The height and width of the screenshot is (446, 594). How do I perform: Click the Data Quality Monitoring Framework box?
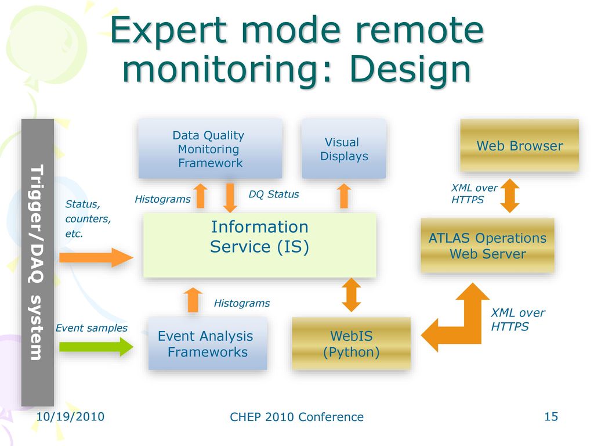(210, 148)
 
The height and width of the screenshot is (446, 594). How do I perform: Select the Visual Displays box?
(344, 148)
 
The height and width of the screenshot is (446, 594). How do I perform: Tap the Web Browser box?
(519, 145)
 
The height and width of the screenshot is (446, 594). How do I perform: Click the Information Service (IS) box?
(260, 244)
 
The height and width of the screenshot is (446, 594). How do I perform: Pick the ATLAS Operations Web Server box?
(487, 246)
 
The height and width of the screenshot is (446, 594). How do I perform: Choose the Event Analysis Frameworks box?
(208, 343)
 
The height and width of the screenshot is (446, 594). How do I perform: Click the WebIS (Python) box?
(351, 343)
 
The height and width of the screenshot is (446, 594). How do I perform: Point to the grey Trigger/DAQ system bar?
(38, 262)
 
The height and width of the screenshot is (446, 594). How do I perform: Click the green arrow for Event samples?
(96, 346)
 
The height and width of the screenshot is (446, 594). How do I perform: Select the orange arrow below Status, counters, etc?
(96, 257)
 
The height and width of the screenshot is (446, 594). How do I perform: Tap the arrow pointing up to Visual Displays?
(344, 196)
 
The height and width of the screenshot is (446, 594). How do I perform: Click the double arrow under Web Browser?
(510, 196)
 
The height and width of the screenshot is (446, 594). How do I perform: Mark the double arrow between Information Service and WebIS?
(352, 294)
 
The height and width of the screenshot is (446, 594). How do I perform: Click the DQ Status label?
(274, 194)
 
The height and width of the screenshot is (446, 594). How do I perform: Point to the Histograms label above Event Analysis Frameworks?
(242, 303)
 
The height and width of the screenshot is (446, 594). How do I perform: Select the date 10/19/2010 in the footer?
(70, 416)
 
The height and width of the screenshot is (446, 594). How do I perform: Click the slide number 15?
(551, 416)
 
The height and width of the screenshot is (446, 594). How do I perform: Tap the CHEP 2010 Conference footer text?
(296, 417)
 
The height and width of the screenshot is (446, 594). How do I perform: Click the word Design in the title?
(410, 70)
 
